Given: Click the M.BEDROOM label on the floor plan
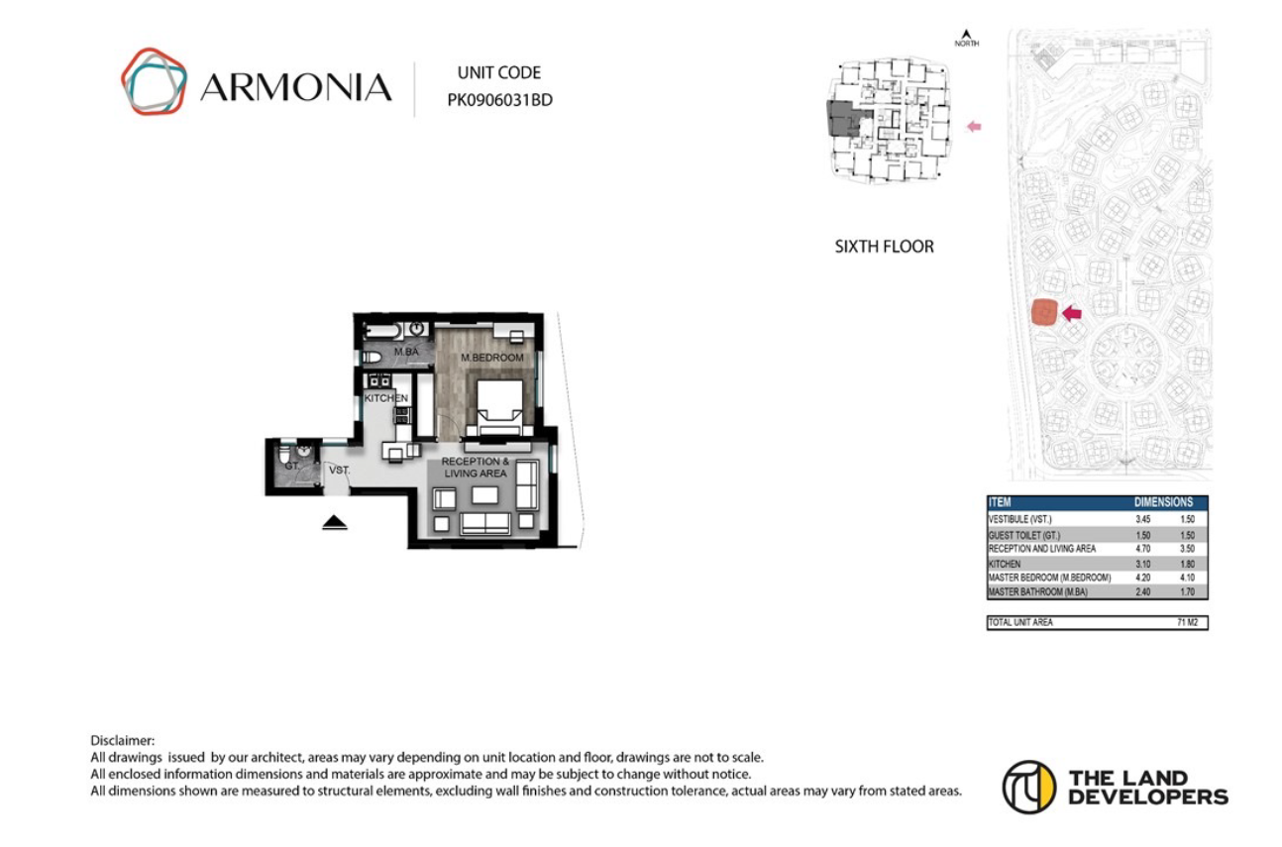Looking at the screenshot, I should [491, 357].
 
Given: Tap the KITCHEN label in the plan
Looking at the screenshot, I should [385, 397].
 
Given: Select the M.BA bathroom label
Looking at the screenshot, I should [404, 352].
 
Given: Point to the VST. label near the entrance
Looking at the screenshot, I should [340, 470].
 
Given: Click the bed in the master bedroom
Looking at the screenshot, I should [500, 409].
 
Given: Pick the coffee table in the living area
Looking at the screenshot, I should [485, 495].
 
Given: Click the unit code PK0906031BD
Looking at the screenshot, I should [499, 99].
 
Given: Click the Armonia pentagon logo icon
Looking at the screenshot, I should [154, 82].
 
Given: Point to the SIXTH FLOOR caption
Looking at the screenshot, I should [884, 247].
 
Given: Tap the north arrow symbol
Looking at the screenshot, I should [966, 37].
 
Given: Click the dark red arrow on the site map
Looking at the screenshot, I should [1072, 313].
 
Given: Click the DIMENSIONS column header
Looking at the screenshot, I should [1163, 502].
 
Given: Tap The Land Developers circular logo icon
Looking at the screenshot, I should [1028, 787].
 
